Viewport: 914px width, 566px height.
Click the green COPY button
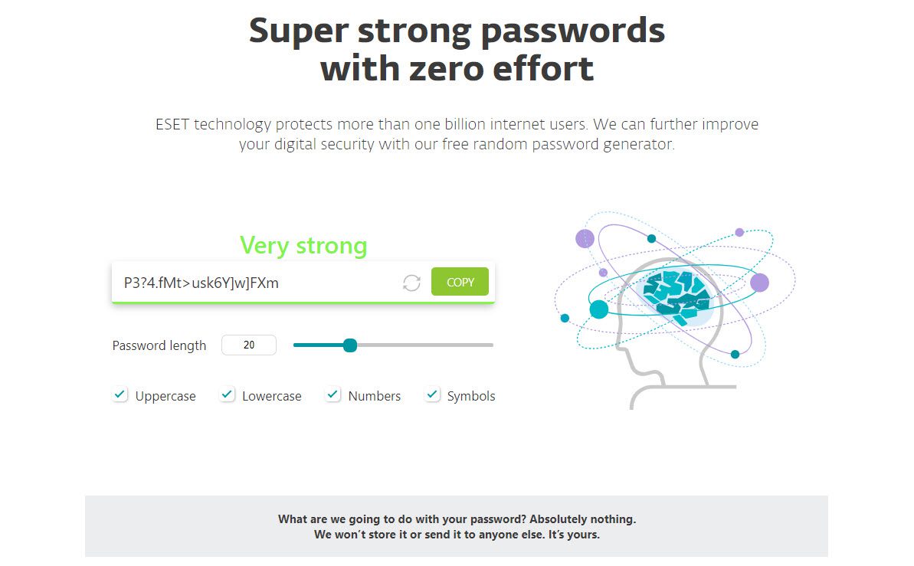460,282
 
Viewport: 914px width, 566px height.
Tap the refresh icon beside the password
411,283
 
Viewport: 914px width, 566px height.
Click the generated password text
201,283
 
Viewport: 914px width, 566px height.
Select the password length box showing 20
249,345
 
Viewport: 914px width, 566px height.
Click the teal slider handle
350,345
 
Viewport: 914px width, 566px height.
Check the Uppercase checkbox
120,394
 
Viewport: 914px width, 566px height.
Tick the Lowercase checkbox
227,394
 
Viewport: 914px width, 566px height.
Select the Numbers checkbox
333,394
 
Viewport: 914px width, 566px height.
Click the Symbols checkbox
432,394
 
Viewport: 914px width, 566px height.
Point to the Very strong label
303,245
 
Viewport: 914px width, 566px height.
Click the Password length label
159,345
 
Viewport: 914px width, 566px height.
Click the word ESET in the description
172,124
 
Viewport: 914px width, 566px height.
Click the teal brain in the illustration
677,296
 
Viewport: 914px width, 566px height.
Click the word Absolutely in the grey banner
557,519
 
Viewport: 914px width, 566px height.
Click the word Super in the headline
299,31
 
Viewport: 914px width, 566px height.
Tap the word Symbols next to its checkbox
471,397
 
